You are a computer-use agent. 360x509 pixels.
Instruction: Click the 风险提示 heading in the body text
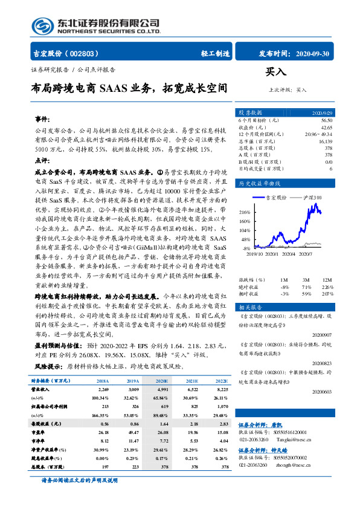[x=49, y=367]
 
